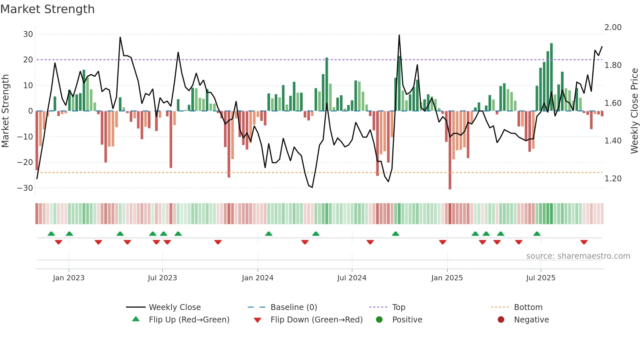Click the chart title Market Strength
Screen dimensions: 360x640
(47, 9)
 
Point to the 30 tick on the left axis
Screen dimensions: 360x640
(28, 34)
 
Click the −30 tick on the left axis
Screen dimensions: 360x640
(25, 188)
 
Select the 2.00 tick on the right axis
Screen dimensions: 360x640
(613, 27)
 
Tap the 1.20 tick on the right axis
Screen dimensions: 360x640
(613, 179)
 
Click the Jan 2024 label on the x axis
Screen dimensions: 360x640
(257, 278)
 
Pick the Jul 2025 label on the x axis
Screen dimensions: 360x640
(540, 278)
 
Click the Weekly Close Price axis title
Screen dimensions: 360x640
(634, 111)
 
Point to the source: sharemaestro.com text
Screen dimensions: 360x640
(578, 256)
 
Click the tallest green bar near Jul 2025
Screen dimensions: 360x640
(552, 77)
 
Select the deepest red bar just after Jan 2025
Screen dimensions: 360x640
(450, 150)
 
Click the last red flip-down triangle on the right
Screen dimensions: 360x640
(584, 242)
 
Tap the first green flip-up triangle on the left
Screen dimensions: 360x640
(51, 234)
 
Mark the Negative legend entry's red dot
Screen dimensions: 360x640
(501, 320)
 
